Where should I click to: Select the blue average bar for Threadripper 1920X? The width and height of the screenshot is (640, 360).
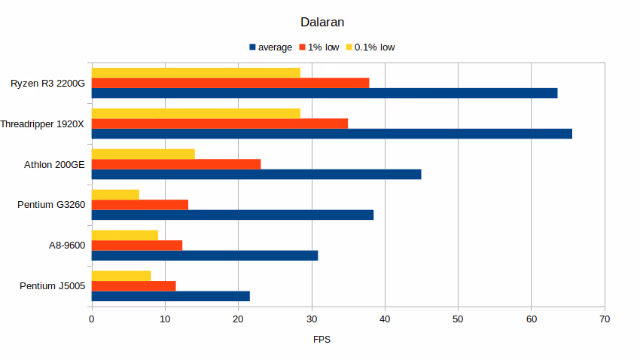tap(331, 133)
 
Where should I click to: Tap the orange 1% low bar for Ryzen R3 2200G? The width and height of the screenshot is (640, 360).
tap(230, 83)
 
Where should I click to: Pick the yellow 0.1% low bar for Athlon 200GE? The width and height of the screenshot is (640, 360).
tap(143, 154)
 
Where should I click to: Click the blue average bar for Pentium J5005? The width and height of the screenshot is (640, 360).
tap(170, 296)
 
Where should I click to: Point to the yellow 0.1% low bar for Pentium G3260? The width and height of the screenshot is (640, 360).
tap(115, 194)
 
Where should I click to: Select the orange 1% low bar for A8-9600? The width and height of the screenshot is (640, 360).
tap(136, 245)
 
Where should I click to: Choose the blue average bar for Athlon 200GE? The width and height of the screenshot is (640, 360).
tap(256, 174)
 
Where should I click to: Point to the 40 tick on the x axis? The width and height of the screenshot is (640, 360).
tap(385, 319)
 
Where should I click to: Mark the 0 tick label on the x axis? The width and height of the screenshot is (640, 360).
tap(92, 319)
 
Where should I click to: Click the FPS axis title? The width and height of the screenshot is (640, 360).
tap(322, 340)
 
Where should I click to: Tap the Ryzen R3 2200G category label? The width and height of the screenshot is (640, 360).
tap(47, 83)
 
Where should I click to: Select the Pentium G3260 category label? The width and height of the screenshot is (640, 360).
tap(50, 205)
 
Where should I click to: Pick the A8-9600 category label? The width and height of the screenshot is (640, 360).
tap(66, 246)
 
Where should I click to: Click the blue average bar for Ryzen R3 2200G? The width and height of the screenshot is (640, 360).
tap(325, 93)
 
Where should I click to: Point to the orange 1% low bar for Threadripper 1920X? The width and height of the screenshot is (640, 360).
tap(219, 123)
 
